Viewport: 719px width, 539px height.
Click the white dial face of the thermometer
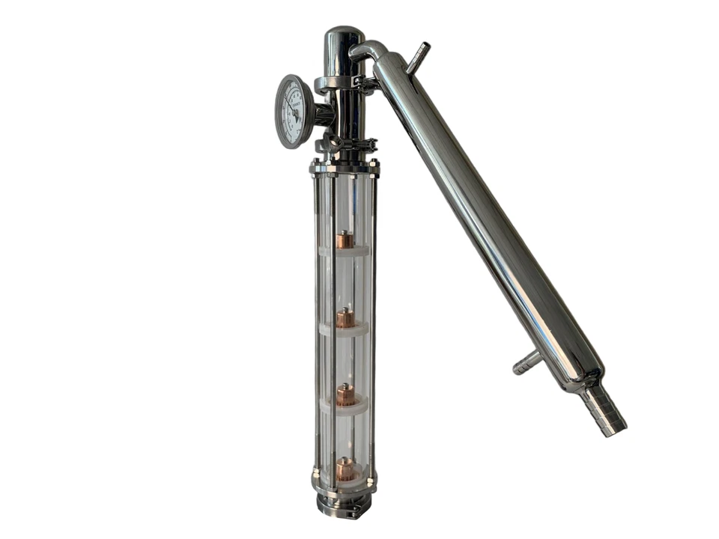point(292,112)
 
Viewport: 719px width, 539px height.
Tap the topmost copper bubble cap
point(345,240)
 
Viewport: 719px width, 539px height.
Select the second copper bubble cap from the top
point(345,318)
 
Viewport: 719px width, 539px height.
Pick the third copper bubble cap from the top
point(345,395)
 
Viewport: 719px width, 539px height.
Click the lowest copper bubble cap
point(345,469)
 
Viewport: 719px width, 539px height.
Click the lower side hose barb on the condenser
point(526,363)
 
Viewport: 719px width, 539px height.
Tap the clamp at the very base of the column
point(345,505)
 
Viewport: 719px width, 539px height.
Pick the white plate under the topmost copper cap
point(344,252)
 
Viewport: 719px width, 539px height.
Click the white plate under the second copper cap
point(344,329)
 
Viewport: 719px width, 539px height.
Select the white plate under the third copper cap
point(344,406)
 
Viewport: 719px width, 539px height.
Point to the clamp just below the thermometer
point(346,143)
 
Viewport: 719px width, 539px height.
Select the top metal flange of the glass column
point(345,167)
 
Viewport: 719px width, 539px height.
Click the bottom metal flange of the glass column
point(345,483)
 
